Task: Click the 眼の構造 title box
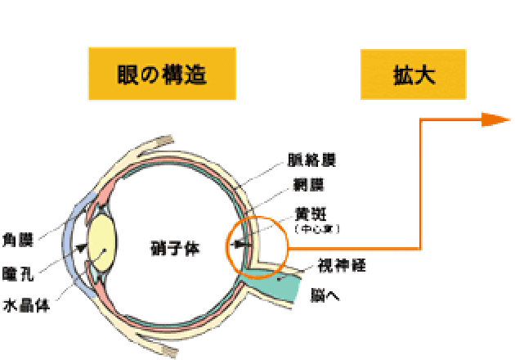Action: coord(162,74)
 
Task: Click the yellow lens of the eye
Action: coord(103,239)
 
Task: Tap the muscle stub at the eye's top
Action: coord(160,141)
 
